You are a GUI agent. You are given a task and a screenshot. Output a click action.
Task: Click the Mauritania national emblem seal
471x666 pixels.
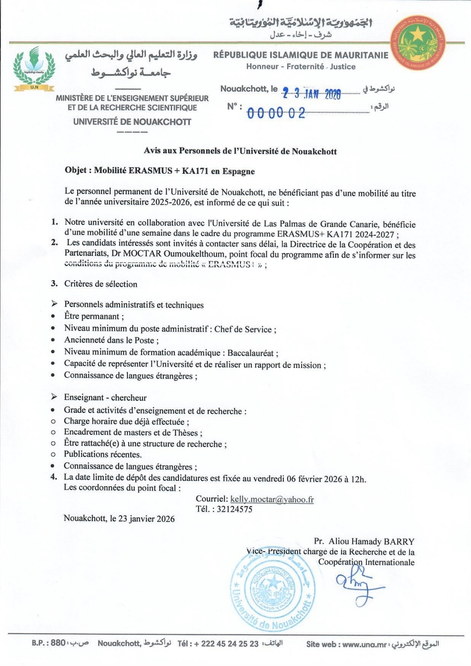pyautogui.click(x=418, y=42)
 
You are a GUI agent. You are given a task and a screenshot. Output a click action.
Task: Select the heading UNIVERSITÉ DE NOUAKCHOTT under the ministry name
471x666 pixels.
pyautogui.click(x=132, y=122)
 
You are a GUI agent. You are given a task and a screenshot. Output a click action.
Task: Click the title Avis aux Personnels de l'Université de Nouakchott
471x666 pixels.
pyautogui.click(x=240, y=151)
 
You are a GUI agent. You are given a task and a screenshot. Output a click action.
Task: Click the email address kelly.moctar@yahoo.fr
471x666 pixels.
pyautogui.click(x=272, y=499)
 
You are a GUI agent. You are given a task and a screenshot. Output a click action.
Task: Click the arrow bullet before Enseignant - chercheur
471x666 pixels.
pyautogui.click(x=54, y=397)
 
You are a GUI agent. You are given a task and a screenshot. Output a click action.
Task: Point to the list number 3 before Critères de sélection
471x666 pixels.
pyautogui.click(x=54, y=284)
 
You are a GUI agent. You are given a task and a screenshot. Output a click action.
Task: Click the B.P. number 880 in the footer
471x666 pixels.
pyautogui.click(x=58, y=643)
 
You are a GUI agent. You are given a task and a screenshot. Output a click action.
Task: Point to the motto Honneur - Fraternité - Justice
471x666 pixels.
pyautogui.click(x=301, y=67)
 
